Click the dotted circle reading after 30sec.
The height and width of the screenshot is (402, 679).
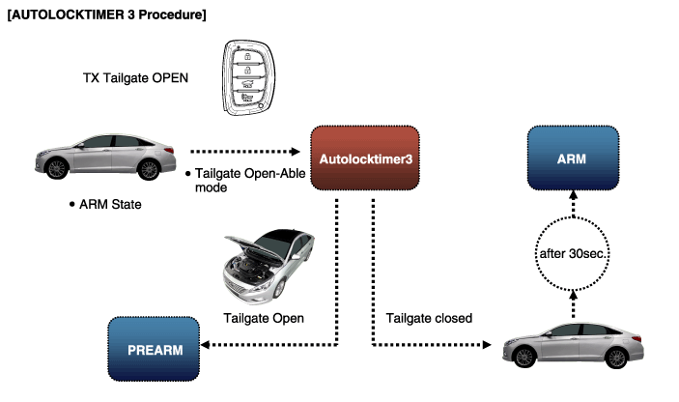[571, 253]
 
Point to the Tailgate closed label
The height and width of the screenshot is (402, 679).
[429, 318]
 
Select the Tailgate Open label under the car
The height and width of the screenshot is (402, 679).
[264, 318]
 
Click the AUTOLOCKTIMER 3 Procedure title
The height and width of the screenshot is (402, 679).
[105, 16]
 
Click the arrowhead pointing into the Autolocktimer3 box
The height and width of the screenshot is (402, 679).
[298, 152]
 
